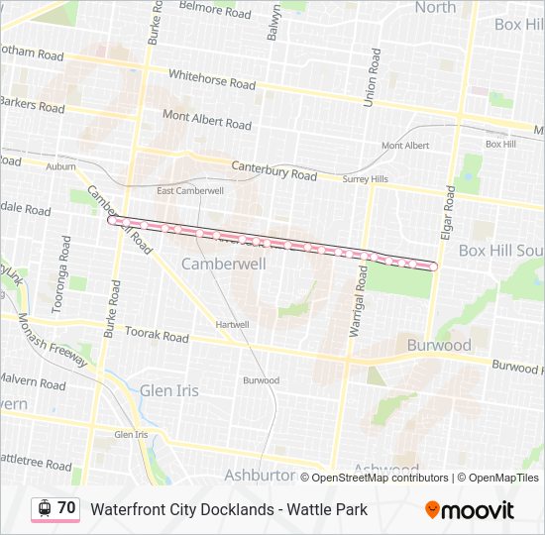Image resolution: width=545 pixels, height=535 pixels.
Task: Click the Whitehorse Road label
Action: click(x=211, y=78)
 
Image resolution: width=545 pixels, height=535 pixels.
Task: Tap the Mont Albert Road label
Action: click(x=207, y=121)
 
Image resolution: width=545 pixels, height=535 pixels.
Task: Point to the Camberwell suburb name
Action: click(x=223, y=265)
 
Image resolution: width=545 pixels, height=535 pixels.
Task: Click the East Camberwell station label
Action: click(x=190, y=190)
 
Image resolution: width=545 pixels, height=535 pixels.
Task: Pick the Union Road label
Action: click(x=372, y=78)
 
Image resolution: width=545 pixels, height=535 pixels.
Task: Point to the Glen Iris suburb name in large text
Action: click(x=169, y=390)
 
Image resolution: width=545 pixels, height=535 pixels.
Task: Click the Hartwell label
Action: click(x=232, y=324)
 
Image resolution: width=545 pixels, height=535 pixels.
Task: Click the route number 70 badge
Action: click(x=66, y=508)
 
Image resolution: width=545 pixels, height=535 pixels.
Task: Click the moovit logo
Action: click(x=470, y=510)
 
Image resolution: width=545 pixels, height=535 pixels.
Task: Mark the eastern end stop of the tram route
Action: click(x=433, y=266)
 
